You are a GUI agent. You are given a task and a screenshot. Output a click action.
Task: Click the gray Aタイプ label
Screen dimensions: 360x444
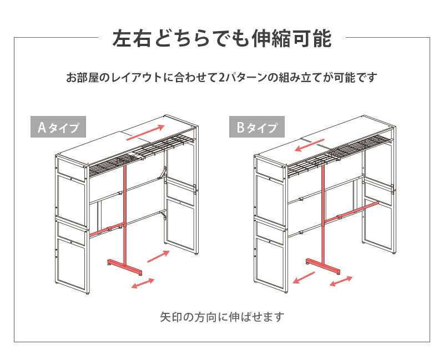point(58,128)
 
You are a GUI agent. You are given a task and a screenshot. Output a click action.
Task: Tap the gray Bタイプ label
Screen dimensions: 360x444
point(257,128)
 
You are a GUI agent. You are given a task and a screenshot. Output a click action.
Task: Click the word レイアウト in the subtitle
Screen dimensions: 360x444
point(137,78)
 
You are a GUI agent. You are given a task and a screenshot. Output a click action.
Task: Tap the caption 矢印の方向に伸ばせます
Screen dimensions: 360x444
point(221,317)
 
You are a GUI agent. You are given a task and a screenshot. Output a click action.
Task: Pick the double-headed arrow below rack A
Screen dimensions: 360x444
point(143,283)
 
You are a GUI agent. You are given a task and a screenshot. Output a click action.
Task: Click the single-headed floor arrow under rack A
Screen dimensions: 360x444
point(158,256)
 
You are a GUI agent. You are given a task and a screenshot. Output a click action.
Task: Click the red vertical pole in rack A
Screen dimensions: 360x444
point(124,211)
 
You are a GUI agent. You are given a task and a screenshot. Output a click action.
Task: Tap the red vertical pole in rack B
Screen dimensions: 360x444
point(322,211)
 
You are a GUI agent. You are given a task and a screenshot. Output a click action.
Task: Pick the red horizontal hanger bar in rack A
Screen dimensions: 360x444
point(105,229)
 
